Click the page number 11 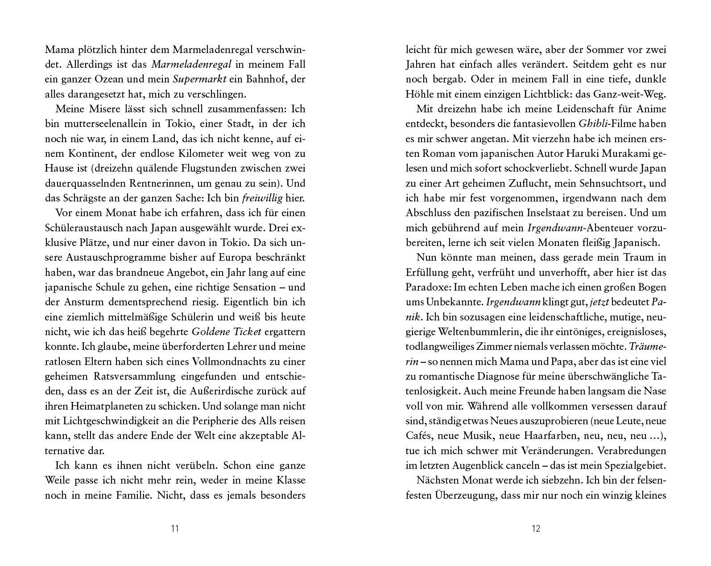pyautogui.click(x=175, y=529)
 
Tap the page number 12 pyautogui.click(x=536, y=529)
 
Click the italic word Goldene pyautogui.click(x=209, y=332)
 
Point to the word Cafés pyautogui.click(x=418, y=435)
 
